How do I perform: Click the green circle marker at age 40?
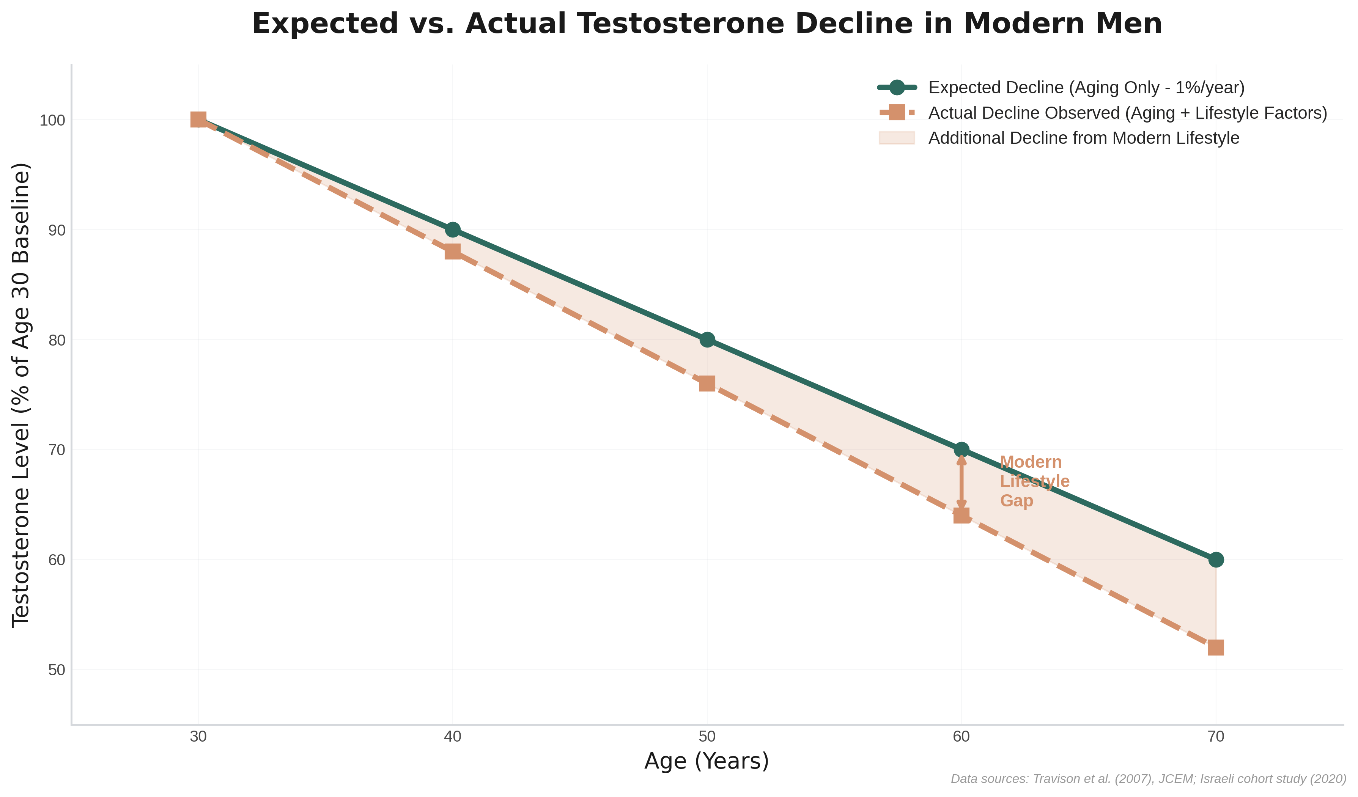[453, 230]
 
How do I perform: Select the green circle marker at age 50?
[707, 340]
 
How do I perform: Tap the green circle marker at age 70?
[1216, 560]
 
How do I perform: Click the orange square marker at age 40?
[453, 252]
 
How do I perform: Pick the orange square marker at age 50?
[707, 384]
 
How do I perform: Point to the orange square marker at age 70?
[1216, 647]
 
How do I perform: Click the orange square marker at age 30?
[198, 119]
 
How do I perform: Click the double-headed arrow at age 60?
[961, 482]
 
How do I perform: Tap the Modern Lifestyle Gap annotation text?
[1034, 481]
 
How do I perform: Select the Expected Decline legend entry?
[1086, 87]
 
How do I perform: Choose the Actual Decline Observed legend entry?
[1127, 113]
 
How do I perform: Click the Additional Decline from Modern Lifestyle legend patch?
[897, 138]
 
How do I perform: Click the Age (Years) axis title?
[707, 761]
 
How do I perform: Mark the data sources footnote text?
[1148, 779]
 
